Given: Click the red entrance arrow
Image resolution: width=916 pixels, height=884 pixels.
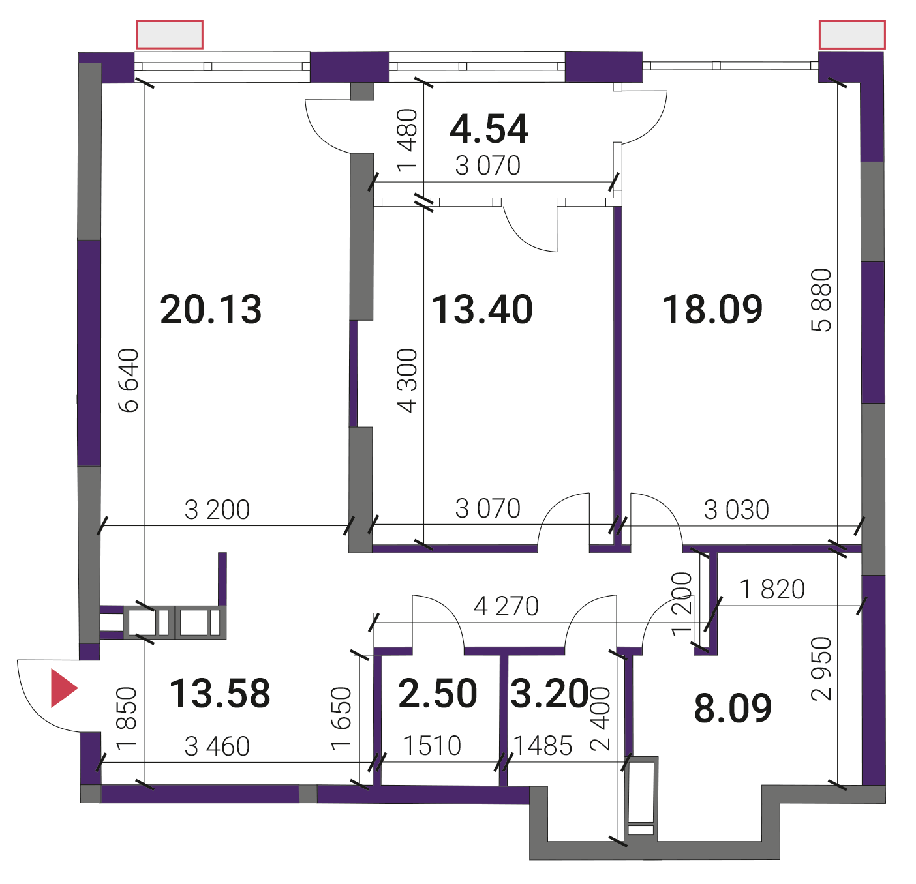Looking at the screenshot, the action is tap(62, 688).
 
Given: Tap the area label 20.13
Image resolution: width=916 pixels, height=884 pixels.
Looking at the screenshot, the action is tap(211, 310).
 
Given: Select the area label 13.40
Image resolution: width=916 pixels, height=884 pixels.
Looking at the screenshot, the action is tap(482, 310).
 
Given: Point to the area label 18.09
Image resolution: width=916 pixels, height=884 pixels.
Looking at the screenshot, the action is tap(712, 309).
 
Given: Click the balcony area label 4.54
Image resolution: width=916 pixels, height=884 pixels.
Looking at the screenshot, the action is tap(489, 129).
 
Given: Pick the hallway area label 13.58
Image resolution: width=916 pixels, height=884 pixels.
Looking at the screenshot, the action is tap(220, 693).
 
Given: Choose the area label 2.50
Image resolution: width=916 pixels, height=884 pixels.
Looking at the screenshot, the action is tap(438, 693).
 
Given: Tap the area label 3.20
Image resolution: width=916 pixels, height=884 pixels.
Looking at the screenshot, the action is tap(549, 693).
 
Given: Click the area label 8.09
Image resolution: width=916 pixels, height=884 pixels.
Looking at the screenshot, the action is tap(733, 708).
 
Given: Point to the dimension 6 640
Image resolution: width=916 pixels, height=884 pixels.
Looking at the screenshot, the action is tap(129, 381).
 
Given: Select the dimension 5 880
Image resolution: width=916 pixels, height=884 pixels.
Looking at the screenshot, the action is tap(822, 300).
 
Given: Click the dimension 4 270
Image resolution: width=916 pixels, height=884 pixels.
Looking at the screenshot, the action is tap(506, 606).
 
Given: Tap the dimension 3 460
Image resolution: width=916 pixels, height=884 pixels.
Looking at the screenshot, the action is tap(217, 746).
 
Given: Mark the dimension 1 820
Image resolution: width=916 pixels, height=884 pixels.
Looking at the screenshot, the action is tap(772, 589).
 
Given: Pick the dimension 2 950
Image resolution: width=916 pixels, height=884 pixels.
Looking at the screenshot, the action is tap(822, 668).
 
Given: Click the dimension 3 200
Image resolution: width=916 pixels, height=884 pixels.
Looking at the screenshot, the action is tap(217, 510).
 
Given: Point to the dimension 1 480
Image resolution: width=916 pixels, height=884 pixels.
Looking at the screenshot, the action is tap(407, 141).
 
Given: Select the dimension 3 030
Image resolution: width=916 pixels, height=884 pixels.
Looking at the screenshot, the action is tap(736, 510).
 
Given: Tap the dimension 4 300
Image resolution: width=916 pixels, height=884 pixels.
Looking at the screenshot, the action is tap(407, 381).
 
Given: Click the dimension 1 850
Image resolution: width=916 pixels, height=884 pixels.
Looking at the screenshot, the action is tap(126, 718).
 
